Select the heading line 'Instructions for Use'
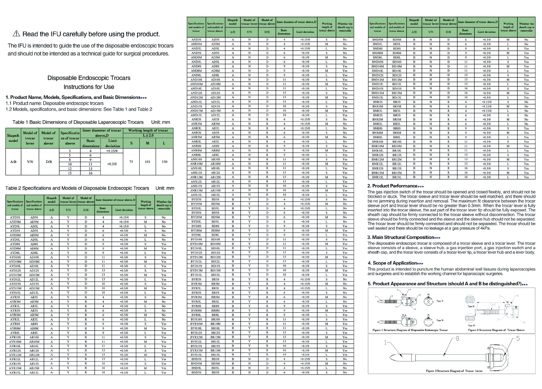[89, 87]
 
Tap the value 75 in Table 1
[131, 162]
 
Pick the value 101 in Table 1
[148, 162]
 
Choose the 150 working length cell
[164, 162]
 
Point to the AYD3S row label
[15, 217]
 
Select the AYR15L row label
[15, 372]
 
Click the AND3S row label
[196, 40]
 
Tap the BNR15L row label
[377, 177]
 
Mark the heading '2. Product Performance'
[392, 186]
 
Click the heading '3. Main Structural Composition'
[401, 237]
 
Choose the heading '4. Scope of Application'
[392, 263]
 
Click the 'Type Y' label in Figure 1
[440, 301]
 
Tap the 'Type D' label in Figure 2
[471, 306]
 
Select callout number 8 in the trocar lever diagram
[458, 338]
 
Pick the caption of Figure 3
[454, 371]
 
